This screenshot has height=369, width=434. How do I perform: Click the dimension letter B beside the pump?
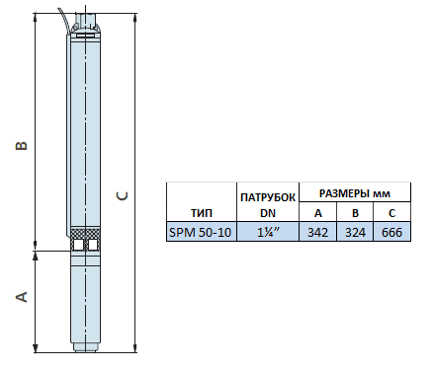click(x=22, y=146)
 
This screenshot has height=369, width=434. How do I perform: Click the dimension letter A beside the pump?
click(x=22, y=297)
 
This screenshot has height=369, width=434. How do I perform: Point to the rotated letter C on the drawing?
click(x=122, y=196)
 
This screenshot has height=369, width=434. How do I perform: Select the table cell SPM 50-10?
click(x=201, y=233)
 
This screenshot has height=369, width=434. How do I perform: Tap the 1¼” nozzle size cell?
click(x=268, y=233)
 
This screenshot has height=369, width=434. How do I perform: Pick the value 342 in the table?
click(x=317, y=233)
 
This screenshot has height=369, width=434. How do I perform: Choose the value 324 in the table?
click(x=355, y=233)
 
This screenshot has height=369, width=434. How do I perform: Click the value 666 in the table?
click(x=391, y=233)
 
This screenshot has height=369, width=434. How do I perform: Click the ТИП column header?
click(x=202, y=213)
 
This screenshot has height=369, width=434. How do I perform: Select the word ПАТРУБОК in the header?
click(x=268, y=197)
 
